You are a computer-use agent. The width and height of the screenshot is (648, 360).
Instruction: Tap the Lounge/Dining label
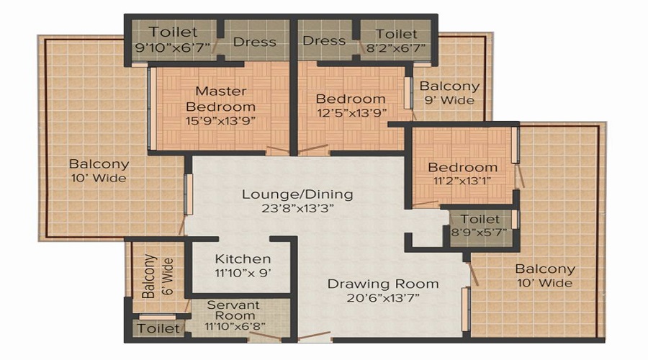pyautogui.click(x=297, y=194)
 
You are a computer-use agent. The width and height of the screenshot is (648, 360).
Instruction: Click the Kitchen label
pyautogui.click(x=243, y=258)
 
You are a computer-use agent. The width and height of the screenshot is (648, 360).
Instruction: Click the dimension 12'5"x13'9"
pyautogui.click(x=351, y=113)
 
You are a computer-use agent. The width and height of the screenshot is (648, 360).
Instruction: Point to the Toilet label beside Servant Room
pyautogui.click(x=158, y=329)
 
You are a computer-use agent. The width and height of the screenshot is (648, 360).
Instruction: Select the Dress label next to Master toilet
pyautogui.click(x=254, y=41)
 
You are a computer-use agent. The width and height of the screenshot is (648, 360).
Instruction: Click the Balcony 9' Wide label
pyautogui.click(x=449, y=93)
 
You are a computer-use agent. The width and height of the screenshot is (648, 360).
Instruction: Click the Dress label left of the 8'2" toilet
pyautogui.click(x=325, y=40)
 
